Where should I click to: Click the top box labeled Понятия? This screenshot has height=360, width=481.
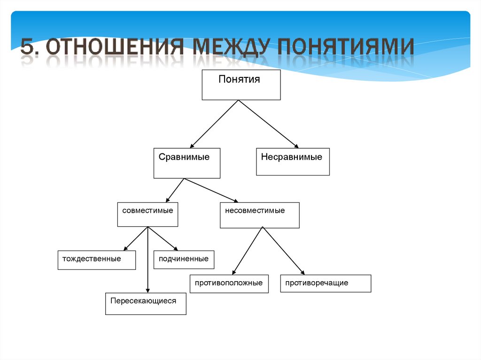point(241,85)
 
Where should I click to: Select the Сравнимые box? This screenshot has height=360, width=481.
point(186,163)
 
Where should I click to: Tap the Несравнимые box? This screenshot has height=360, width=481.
point(293,162)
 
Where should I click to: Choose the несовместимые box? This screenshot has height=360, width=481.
point(259,215)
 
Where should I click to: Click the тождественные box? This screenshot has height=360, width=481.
point(96,260)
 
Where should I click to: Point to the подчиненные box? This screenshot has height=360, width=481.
point(184,260)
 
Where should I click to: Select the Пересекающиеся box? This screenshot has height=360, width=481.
point(146,304)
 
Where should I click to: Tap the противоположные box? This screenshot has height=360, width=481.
point(229,284)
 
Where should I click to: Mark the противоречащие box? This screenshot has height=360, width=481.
point(326,283)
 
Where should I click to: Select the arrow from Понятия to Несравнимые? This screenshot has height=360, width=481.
point(268,124)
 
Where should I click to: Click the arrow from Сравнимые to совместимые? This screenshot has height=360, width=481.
point(175,190)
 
